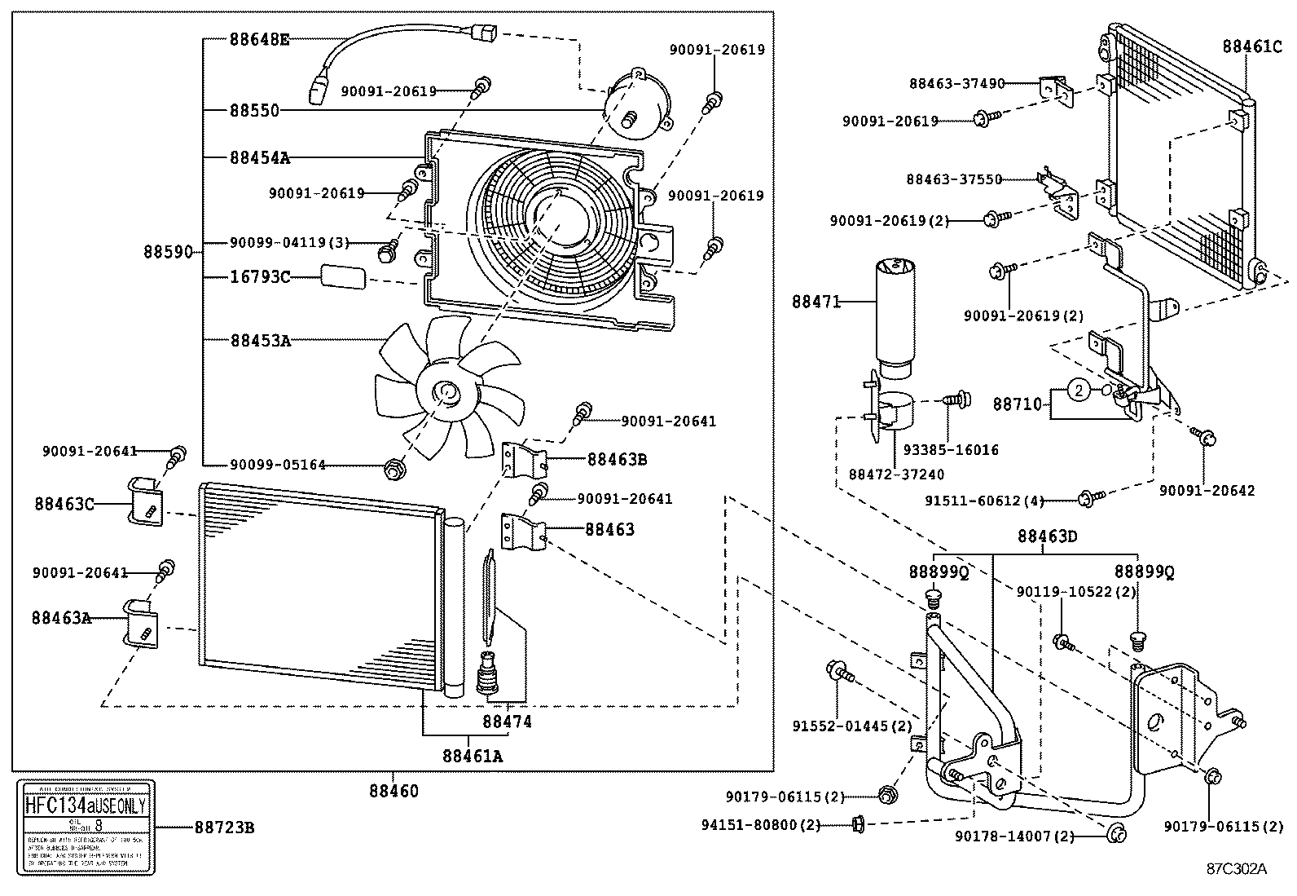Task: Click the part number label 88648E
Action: pos(259,38)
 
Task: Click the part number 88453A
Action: pos(259,340)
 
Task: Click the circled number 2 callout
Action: pos(1078,391)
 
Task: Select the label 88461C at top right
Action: pos(1251,46)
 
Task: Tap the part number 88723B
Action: pos(223,828)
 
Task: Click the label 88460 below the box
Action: pos(393,790)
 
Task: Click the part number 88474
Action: pos(507,722)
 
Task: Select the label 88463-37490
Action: pos(956,82)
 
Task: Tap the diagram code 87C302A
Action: pos(1237,868)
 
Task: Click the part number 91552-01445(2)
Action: pos(851,726)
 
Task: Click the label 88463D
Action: pos(1047,536)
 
